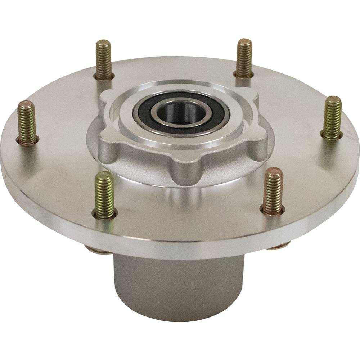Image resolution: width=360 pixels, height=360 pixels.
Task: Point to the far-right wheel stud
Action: (x=332, y=117)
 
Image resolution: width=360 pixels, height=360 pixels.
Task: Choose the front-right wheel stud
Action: (x=273, y=191)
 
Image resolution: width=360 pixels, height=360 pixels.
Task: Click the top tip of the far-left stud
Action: (x=26, y=104)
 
